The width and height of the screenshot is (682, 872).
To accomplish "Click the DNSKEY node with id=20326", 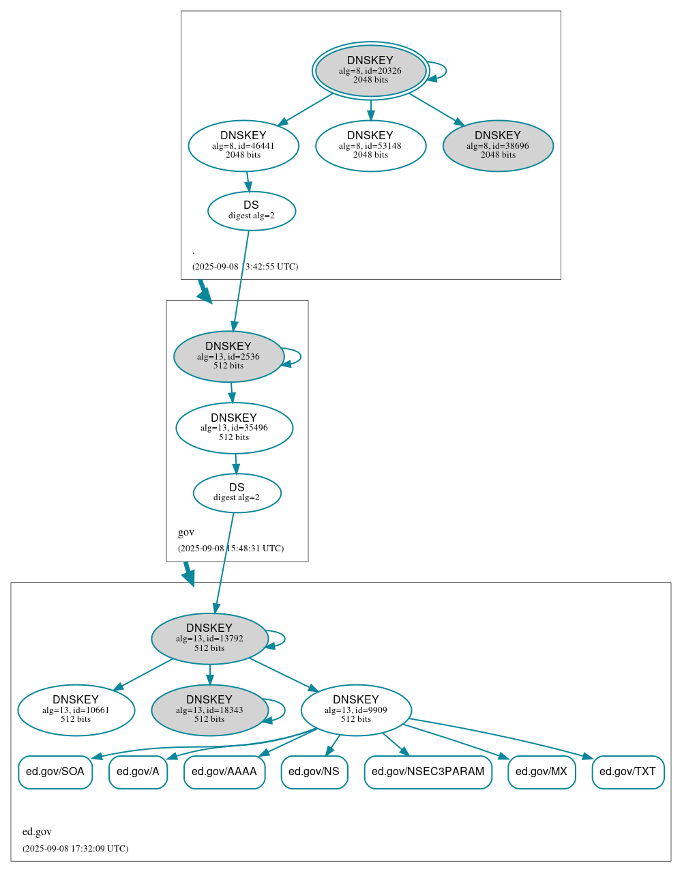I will coord(370,70).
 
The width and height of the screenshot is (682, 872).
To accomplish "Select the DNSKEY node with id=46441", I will coord(243,145).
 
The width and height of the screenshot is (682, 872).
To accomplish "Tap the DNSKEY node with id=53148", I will coord(370,145).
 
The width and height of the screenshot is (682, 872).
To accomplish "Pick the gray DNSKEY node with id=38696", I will coord(498,145).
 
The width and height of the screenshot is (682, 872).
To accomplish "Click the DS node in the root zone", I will coord(251,210).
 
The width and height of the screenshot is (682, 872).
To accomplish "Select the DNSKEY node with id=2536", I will coord(228,356).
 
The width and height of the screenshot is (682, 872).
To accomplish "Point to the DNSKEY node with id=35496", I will coord(234,428).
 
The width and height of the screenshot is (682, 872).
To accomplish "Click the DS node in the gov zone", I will coord(237,493).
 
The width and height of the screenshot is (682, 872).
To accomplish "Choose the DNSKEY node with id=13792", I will coord(209,638).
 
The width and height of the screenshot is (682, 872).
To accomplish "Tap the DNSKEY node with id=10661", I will coord(76,710).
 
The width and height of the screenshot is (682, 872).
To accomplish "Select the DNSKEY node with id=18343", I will coord(209,710).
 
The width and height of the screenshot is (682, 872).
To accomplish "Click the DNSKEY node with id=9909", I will coord(356,710).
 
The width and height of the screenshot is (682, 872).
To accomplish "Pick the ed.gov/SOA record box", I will coord(55,772).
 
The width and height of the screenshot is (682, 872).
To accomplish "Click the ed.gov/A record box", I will coord(138,772).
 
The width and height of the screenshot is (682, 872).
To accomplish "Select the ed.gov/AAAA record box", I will coord(224,772).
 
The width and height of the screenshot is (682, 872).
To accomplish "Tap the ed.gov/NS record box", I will coord(314,772).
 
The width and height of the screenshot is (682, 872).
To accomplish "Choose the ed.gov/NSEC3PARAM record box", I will coord(428,772).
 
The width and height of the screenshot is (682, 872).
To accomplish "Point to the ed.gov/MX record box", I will coord(542,772).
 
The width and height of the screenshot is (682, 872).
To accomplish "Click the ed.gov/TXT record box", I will coord(627,772).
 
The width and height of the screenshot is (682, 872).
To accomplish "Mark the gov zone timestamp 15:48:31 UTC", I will coord(231,548).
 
